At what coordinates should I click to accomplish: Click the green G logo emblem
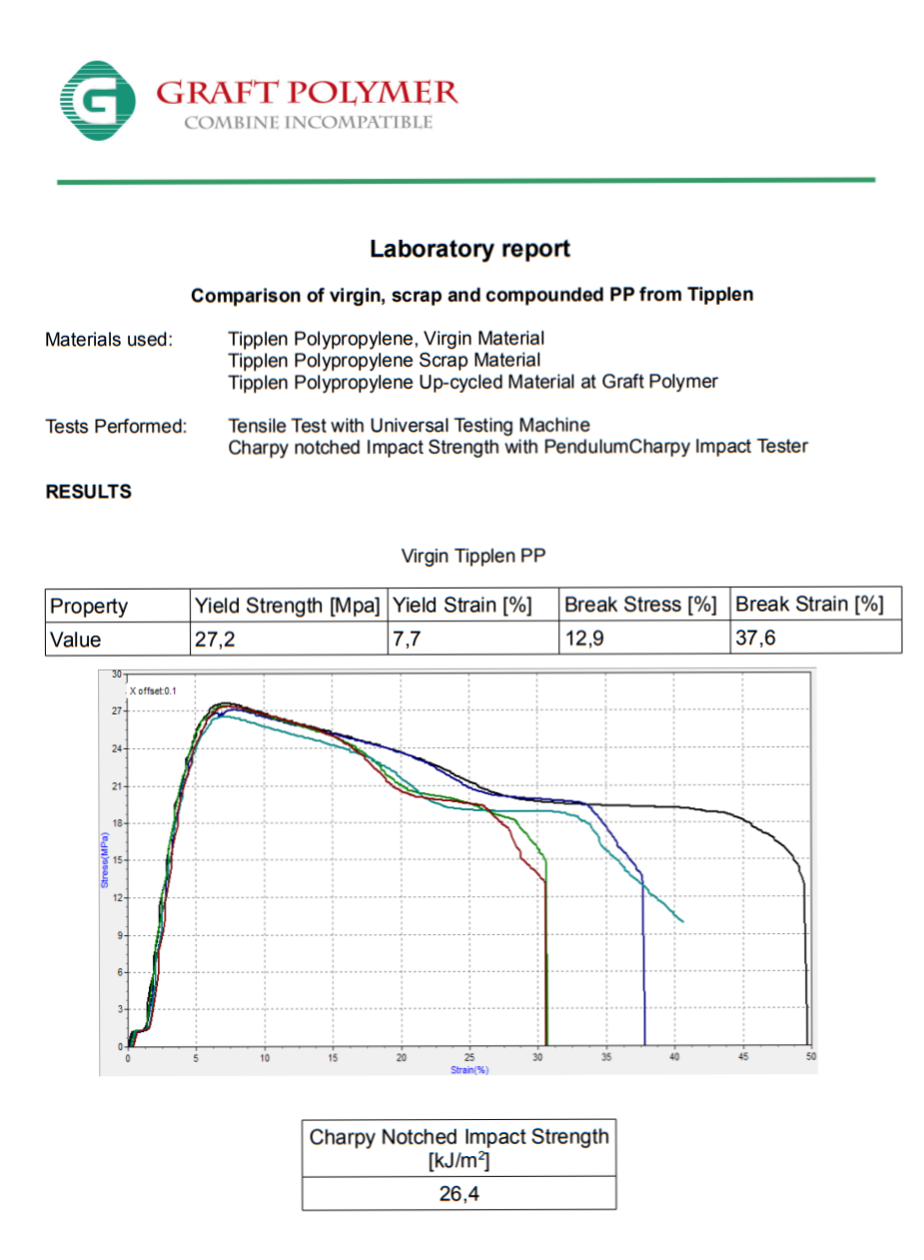pyautogui.click(x=97, y=100)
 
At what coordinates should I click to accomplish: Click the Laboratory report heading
pyautogui.click(x=469, y=249)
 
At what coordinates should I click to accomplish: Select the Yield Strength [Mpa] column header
pyautogui.click(x=287, y=606)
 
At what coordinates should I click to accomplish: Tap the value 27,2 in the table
pyautogui.click(x=216, y=639)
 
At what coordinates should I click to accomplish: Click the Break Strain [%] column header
pyautogui.click(x=809, y=605)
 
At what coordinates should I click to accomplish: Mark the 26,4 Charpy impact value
pyautogui.click(x=461, y=1194)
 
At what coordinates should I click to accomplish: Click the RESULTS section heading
pyautogui.click(x=88, y=492)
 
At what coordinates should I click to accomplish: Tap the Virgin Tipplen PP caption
pyautogui.click(x=472, y=556)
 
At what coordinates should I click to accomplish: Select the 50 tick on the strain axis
pyautogui.click(x=810, y=1056)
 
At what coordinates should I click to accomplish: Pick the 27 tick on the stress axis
pyautogui.click(x=117, y=711)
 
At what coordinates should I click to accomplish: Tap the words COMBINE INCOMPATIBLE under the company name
pyautogui.click(x=308, y=123)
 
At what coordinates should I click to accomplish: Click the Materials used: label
pyautogui.click(x=109, y=340)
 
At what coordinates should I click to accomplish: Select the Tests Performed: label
pyautogui.click(x=116, y=427)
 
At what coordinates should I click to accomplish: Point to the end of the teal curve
pyautogui.click(x=682, y=920)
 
